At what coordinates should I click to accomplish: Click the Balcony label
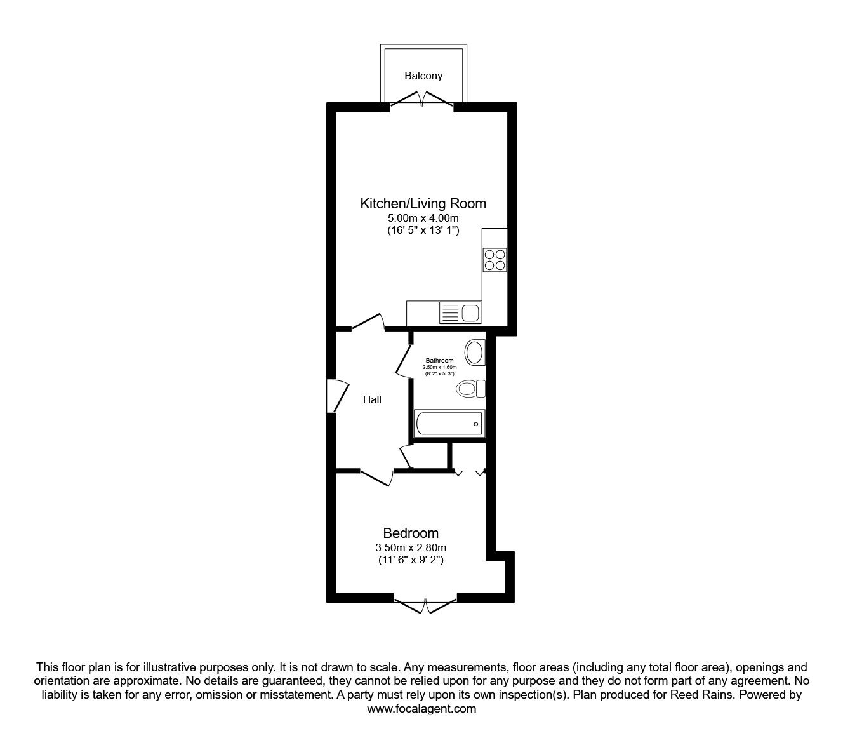click(x=423, y=76)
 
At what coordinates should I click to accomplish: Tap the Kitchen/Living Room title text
click(x=423, y=203)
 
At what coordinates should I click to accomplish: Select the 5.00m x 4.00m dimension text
click(x=423, y=218)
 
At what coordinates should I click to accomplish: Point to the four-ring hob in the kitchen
click(x=495, y=260)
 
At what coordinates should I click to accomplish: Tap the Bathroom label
click(x=439, y=360)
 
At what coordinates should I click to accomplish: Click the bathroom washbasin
click(x=474, y=352)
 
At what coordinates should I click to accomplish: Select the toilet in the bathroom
click(x=470, y=389)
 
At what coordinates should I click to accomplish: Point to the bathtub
click(x=449, y=424)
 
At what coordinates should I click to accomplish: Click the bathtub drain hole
click(x=475, y=424)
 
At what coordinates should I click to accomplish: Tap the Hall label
click(x=372, y=399)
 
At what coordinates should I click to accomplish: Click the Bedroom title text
click(x=411, y=533)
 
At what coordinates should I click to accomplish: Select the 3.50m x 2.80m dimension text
click(x=411, y=547)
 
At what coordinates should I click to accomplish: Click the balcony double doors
click(x=421, y=100)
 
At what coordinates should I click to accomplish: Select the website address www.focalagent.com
click(x=421, y=709)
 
